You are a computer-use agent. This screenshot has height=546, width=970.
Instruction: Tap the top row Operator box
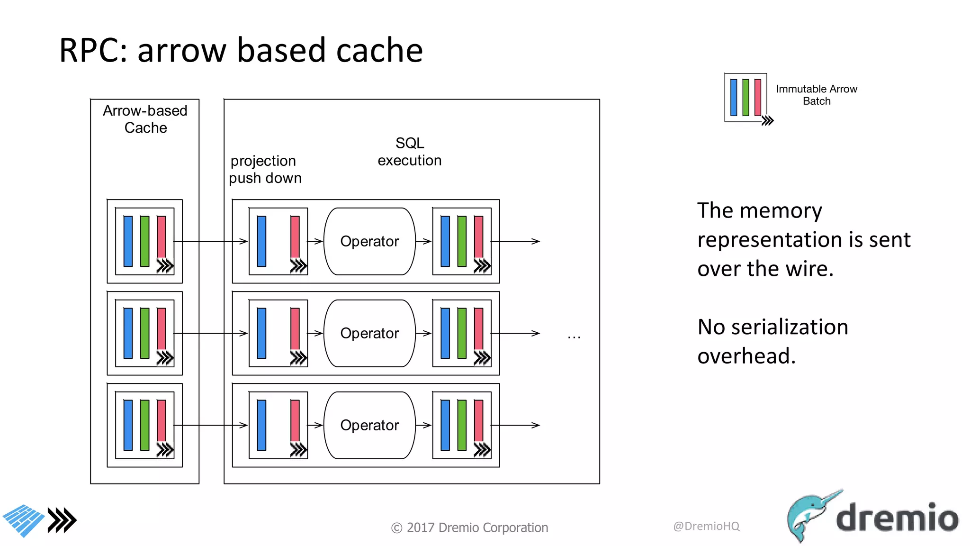point(369,241)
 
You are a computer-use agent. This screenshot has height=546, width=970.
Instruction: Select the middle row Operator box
point(369,333)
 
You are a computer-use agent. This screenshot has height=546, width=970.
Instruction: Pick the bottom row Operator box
point(369,425)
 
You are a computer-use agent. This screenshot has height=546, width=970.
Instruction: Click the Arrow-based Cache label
point(145,119)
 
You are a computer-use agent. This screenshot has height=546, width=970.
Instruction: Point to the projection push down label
point(265,169)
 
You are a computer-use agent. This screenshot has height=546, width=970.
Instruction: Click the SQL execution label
point(410,152)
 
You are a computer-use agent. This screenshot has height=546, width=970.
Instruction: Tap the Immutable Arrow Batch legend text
point(816,95)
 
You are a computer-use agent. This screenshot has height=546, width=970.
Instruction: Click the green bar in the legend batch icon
point(745,97)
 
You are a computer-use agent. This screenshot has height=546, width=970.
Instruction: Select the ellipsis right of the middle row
point(574,337)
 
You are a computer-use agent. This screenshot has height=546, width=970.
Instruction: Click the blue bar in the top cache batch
point(128,241)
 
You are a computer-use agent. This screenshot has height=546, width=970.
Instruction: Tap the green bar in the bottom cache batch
point(145,425)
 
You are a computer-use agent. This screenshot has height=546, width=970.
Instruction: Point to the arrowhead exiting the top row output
point(535,241)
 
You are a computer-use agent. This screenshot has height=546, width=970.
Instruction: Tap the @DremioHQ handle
point(706,526)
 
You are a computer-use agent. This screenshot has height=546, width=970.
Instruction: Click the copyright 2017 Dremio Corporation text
point(469,528)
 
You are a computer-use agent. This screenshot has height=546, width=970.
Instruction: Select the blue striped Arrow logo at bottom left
point(24,520)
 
